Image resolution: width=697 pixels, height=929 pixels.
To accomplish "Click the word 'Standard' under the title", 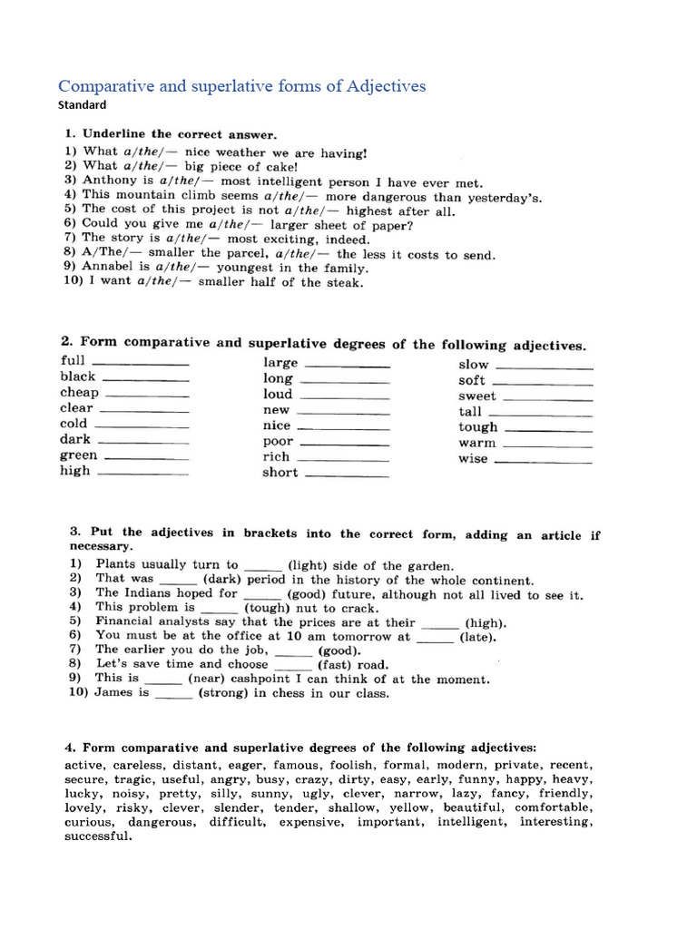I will click(82, 104).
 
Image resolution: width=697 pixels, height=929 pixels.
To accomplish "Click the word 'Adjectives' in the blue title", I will click(380, 86).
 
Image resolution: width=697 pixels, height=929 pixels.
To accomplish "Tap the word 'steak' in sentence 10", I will click(345, 282).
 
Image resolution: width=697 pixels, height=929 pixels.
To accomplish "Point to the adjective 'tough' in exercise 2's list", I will click(478, 427).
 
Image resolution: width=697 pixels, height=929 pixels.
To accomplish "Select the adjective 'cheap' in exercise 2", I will click(79, 393).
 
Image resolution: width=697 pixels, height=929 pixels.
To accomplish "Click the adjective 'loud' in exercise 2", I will click(278, 395).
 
